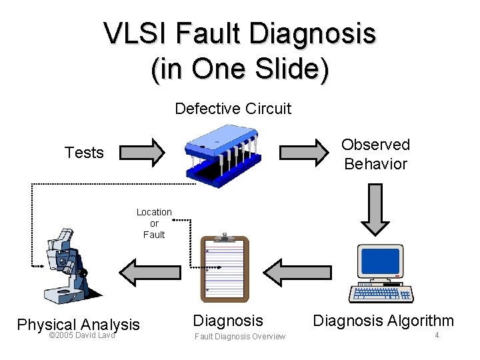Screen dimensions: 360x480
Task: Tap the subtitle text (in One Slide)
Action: click(x=240, y=69)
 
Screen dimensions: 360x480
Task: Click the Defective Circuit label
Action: click(x=233, y=108)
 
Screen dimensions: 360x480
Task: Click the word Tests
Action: click(x=84, y=153)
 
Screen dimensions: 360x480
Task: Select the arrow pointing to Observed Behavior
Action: click(x=303, y=152)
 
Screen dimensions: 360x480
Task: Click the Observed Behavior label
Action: click(x=375, y=154)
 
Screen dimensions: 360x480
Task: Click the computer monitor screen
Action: click(x=381, y=261)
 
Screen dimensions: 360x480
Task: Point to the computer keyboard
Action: click(x=381, y=293)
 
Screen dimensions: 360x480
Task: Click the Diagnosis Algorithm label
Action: click(x=383, y=321)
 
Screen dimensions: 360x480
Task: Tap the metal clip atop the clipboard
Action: click(x=225, y=237)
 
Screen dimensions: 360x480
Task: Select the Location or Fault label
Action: click(x=154, y=223)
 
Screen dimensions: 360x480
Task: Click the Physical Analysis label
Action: click(x=78, y=325)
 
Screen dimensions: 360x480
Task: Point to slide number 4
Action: click(x=437, y=335)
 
